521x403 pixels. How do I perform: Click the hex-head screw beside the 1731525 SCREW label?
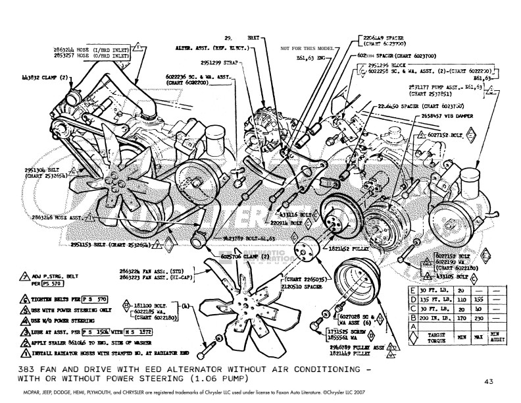pos(315,325)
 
